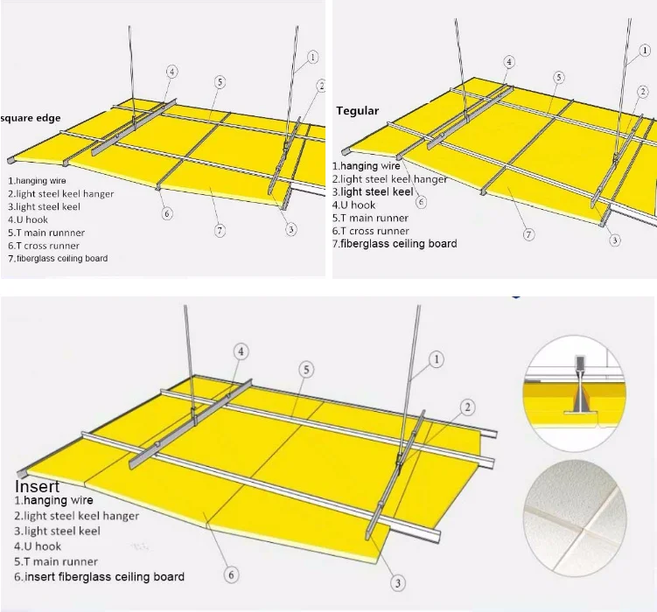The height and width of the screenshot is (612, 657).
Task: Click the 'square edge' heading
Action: [x=31, y=118]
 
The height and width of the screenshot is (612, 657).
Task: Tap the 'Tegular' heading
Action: [x=358, y=111]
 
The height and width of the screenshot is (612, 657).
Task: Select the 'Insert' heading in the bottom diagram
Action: [x=38, y=486]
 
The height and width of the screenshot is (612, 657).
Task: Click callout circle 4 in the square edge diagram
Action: [x=171, y=72]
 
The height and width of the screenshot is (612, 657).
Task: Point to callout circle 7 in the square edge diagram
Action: [x=220, y=230]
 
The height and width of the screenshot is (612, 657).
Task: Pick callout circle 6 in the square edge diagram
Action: [x=167, y=213]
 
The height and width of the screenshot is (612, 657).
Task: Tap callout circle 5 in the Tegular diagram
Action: [x=558, y=78]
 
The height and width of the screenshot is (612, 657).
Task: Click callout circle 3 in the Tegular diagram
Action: [x=615, y=240]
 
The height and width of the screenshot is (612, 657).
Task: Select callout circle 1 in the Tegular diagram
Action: [x=645, y=51]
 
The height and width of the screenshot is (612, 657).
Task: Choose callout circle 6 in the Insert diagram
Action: [x=231, y=574]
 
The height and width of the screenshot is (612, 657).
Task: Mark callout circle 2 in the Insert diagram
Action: [x=468, y=407]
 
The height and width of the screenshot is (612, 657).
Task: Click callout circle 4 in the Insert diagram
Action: [x=241, y=351]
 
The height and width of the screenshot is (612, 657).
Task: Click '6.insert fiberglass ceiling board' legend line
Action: [x=100, y=577]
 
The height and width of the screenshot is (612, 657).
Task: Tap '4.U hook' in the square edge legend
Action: [x=28, y=219]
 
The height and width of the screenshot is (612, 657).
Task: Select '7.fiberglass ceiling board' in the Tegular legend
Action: [x=395, y=244]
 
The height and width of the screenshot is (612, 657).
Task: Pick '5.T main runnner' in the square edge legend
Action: [x=46, y=233]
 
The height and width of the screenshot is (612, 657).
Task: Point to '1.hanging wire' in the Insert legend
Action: [x=53, y=500]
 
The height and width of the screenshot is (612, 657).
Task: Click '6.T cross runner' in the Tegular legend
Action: [x=371, y=231]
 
